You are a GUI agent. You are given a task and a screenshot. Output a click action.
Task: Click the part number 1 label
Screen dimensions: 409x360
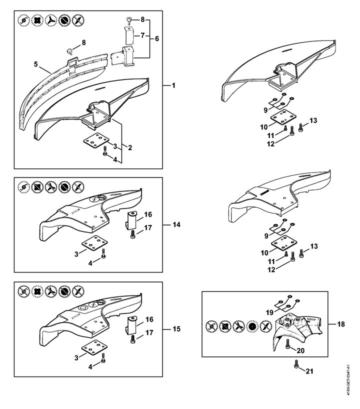point(173,85)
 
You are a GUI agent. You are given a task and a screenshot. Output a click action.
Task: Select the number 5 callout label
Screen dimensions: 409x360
point(35,64)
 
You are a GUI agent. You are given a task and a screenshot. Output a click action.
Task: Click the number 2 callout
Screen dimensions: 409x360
point(129,147)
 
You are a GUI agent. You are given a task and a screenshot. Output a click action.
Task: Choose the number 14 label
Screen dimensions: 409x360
point(176,225)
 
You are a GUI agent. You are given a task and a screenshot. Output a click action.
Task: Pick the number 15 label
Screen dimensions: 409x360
point(176,329)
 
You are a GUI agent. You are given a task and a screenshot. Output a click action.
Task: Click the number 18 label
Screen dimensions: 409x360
point(341,324)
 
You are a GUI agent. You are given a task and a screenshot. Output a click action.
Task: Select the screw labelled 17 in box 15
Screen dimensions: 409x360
point(132,338)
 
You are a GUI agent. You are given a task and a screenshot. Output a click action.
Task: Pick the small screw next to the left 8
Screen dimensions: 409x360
point(70,50)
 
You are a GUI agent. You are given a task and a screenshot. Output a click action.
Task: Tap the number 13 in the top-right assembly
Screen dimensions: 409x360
point(313,120)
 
